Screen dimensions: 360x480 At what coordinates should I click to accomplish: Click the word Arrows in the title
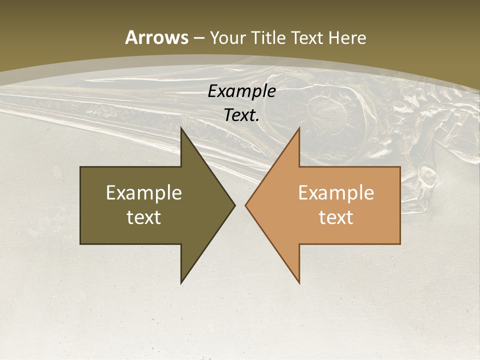coord(156,37)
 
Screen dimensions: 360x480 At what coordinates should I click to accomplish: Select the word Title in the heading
coord(270,37)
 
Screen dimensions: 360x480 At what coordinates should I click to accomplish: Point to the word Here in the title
coord(349,37)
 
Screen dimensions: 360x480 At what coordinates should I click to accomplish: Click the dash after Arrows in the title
coord(198,38)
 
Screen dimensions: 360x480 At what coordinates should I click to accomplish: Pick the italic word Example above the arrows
coord(242,91)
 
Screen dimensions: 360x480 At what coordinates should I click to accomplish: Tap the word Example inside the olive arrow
coord(144,192)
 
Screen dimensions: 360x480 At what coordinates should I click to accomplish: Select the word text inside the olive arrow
coord(144,217)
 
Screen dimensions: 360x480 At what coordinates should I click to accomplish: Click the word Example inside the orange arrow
coord(336,192)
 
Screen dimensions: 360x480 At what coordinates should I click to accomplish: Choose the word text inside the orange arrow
coord(336,217)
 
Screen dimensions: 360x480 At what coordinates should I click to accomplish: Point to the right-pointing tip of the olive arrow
coord(234,205)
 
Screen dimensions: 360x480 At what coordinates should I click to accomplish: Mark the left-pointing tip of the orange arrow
coord(245,205)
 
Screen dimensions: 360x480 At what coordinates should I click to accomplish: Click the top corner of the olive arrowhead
coord(181,128)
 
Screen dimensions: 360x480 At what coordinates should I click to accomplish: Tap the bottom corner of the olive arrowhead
coord(181,283)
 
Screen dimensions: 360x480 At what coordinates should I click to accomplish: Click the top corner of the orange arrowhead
coord(299,128)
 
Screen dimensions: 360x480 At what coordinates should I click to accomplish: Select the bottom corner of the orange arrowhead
coord(299,283)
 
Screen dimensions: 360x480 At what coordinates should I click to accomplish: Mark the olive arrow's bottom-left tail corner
coord(80,244)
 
